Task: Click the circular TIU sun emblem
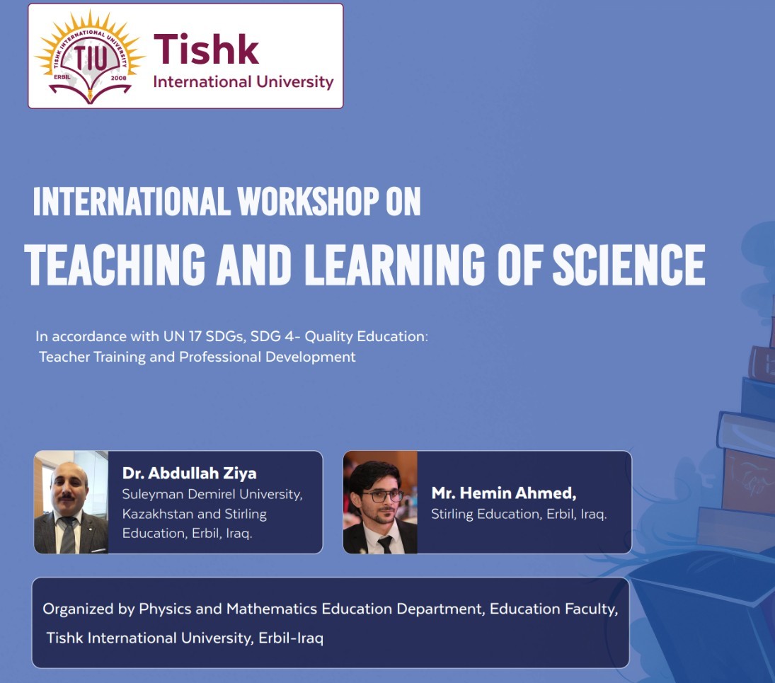coord(90,57)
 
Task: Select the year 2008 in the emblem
coord(119,78)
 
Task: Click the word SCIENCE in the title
coord(628,265)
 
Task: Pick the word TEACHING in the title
coord(115,265)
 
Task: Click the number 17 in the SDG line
coord(195,337)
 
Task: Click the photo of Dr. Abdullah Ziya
coord(71,502)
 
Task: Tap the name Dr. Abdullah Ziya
coord(189,473)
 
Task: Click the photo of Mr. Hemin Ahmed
coord(380,502)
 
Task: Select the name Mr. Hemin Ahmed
coord(504,493)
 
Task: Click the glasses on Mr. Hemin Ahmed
coord(381,495)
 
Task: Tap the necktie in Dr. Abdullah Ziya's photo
coord(68,535)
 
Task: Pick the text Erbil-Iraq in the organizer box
coord(291,638)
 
